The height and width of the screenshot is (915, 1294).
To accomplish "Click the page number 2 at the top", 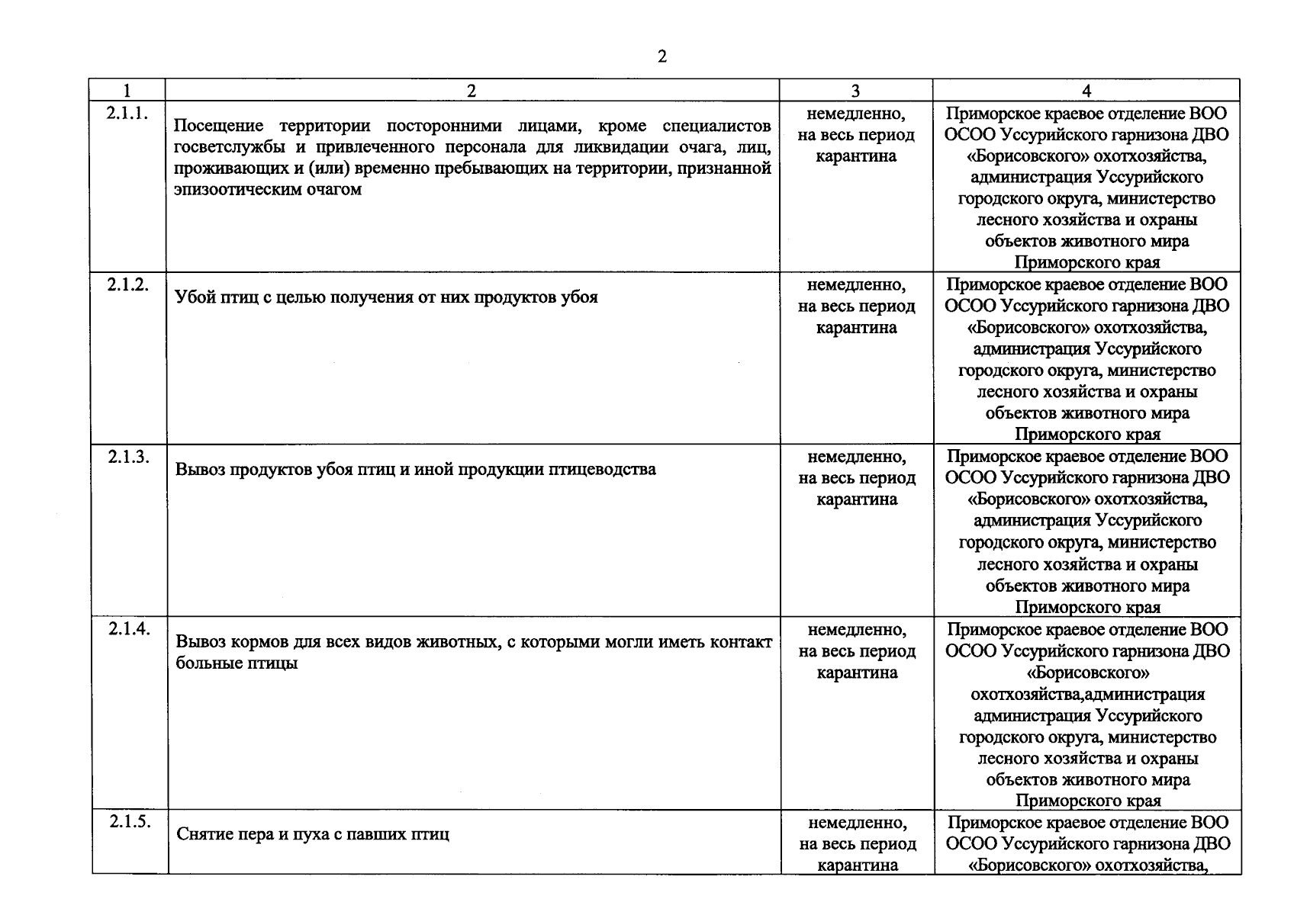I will (661, 56).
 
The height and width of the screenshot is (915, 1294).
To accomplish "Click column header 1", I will (127, 91).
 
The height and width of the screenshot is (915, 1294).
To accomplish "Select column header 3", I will (855, 91).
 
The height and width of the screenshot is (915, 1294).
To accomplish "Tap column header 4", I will (1086, 91).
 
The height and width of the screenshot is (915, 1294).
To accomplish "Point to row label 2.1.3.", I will (128, 457).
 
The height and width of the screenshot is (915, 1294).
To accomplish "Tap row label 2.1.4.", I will (129, 629).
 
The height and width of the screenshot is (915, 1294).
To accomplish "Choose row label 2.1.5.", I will (130, 822).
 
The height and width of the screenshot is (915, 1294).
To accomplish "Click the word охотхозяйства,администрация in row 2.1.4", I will (1087, 695).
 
